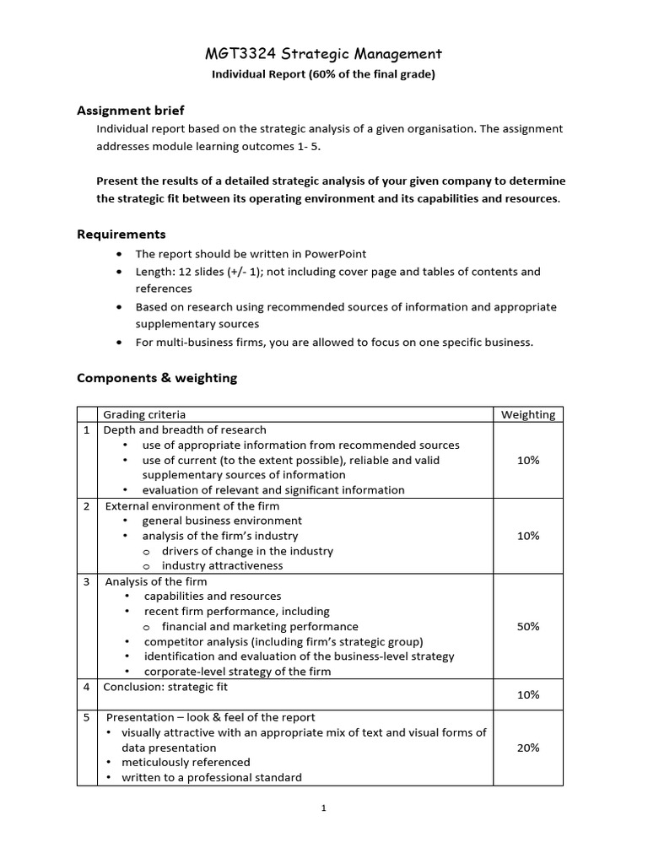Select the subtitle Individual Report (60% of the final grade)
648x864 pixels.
323,75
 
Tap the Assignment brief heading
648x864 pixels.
130,111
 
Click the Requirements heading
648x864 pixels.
121,234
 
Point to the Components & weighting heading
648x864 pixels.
157,378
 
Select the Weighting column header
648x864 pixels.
528,414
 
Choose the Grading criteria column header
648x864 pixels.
144,414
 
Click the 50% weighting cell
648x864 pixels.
528,626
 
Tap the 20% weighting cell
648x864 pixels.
528,748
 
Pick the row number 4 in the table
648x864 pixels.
86,687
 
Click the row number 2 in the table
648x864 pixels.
86,505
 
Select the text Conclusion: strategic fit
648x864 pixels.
165,687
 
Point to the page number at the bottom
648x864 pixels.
324,807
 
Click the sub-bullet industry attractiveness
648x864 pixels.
222,565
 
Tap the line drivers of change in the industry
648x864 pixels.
247,551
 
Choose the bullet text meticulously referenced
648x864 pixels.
186,762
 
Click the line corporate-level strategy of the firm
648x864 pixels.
237,672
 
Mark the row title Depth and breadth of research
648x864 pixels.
184,429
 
